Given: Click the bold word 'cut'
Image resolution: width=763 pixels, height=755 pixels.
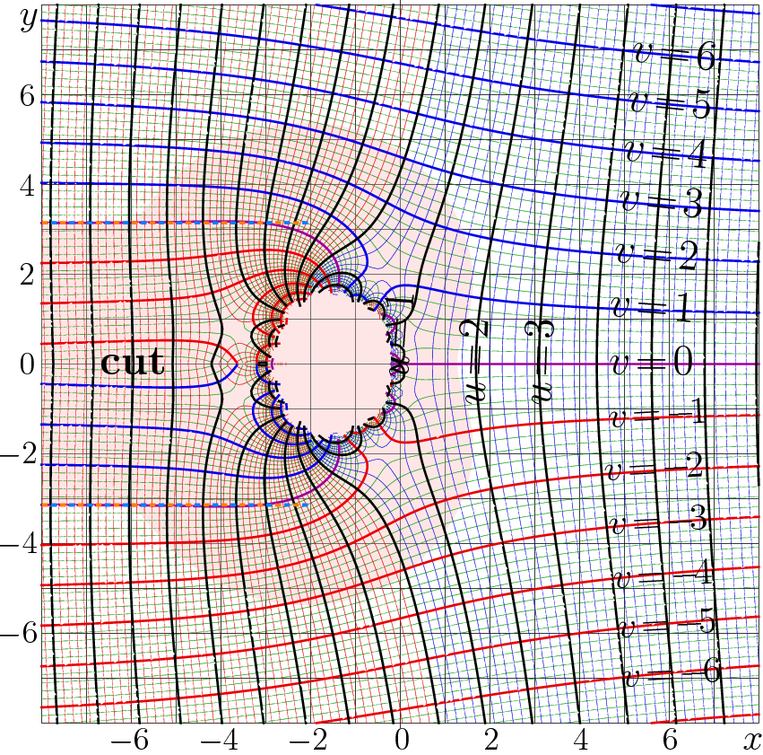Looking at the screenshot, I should (132, 364).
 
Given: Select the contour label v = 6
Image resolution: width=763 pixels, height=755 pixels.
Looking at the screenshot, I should (672, 56).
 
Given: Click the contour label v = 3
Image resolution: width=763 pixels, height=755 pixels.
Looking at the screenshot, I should (662, 204).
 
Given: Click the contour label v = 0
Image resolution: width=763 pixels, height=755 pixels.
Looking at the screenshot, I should (651, 363).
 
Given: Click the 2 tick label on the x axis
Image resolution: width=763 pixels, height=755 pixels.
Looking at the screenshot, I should (490, 741).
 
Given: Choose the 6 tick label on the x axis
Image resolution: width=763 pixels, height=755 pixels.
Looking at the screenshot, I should (669, 741).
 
